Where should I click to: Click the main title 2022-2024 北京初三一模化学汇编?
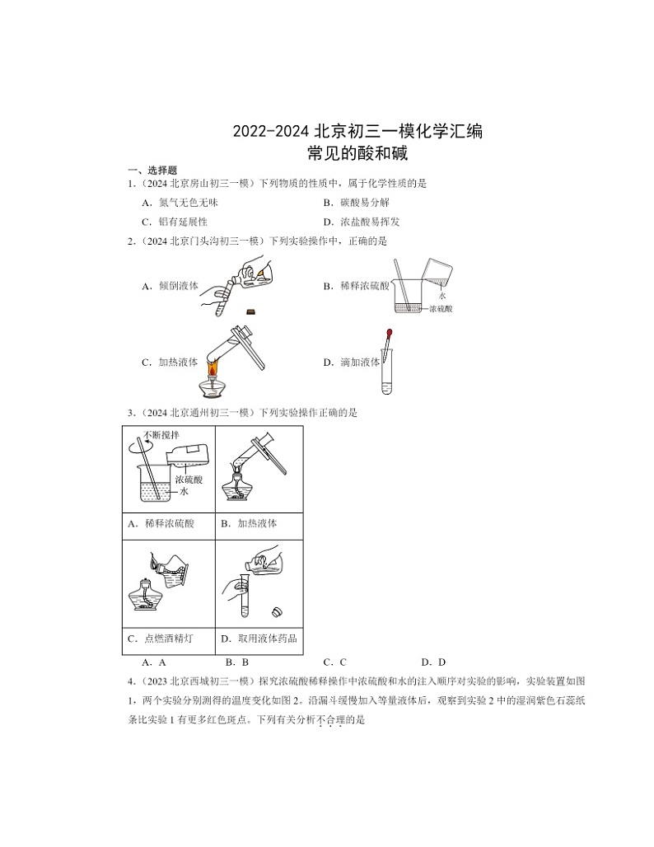357,131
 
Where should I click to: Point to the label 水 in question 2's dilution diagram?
442,294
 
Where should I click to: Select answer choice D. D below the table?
433,662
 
